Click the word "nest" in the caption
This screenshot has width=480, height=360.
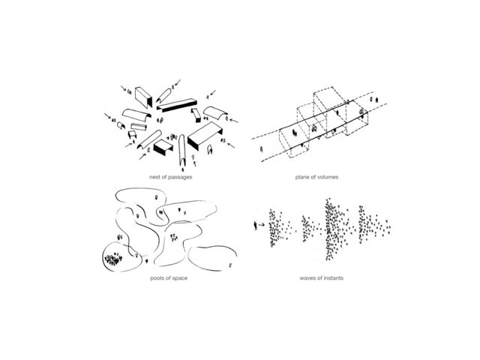tap(154, 177)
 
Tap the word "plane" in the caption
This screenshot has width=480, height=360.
tap(302, 177)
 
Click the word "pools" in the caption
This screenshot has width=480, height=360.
tap(157, 278)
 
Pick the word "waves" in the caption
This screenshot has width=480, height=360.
tap(307, 278)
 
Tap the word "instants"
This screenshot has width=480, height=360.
tap(332, 278)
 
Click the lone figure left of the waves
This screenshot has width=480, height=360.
tap(255, 226)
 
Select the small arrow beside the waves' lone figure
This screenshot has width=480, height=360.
tap(262, 225)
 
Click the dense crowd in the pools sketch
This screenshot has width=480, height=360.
tap(113, 259)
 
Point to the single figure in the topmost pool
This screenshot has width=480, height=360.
tap(157, 197)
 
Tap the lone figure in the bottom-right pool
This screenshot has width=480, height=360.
tap(230, 265)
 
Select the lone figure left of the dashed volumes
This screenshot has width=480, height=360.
tap(261, 149)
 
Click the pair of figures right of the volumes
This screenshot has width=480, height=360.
tap(373, 99)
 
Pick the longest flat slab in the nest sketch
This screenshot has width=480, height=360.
tap(177, 105)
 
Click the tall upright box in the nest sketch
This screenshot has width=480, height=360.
tap(143, 97)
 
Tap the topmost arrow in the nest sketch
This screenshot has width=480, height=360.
tap(178, 82)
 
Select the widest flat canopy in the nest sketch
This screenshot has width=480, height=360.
tap(205, 135)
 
